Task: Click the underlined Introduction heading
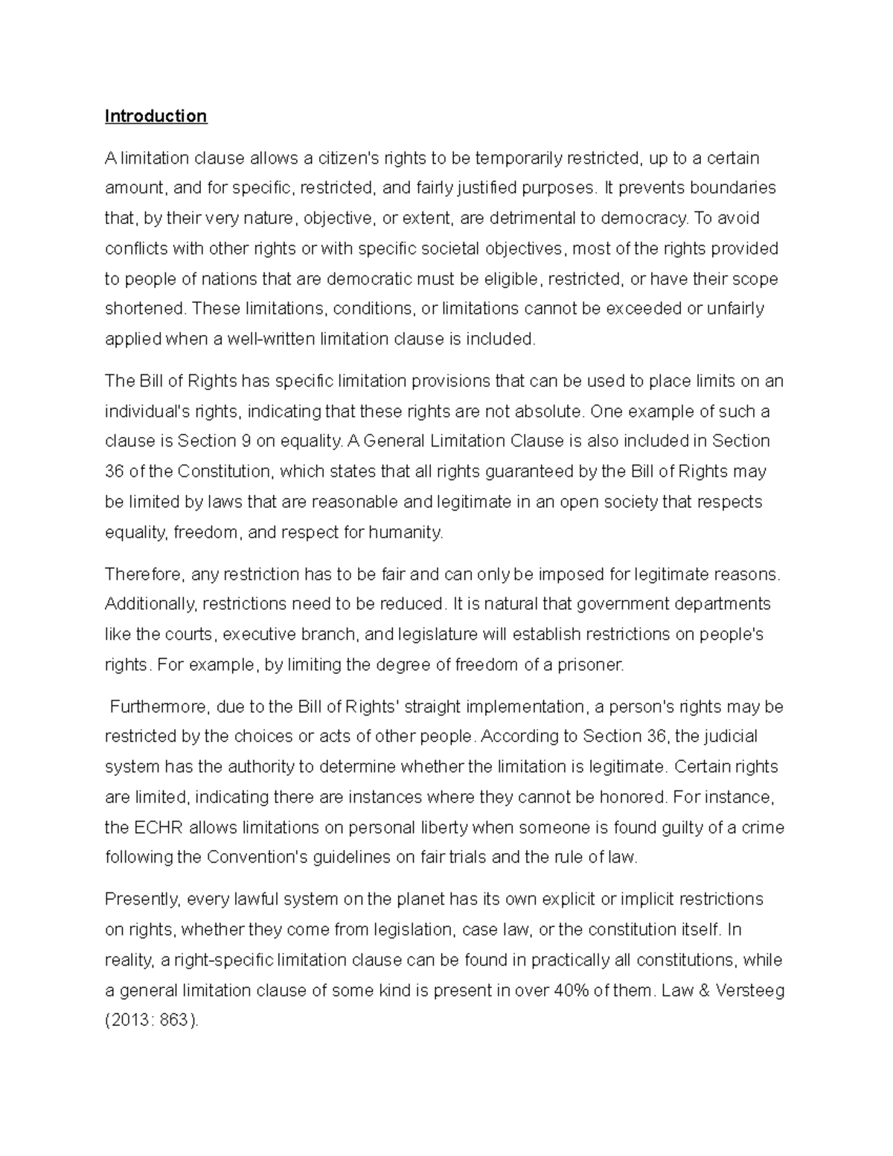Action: point(156,116)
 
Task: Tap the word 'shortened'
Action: point(144,309)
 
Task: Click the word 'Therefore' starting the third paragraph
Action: point(143,575)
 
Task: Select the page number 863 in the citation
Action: point(175,1021)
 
